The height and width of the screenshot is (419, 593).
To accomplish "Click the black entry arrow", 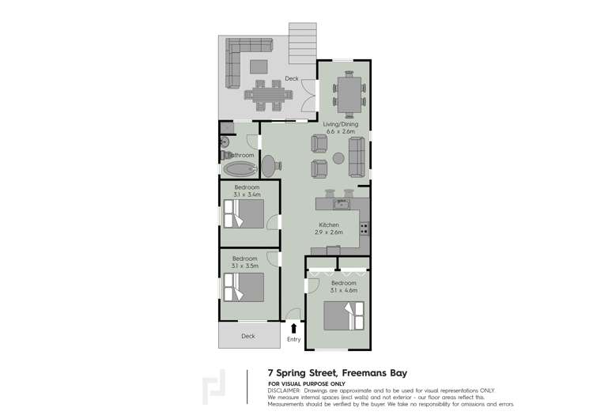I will click(x=294, y=327).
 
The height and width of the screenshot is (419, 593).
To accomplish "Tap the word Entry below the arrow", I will click(x=294, y=339).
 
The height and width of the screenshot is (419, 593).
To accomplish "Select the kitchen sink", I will click(x=341, y=205).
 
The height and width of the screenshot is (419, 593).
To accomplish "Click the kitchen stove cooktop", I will click(x=364, y=228).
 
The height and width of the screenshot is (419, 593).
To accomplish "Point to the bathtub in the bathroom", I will click(x=240, y=168).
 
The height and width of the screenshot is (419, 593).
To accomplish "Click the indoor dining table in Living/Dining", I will click(x=349, y=92).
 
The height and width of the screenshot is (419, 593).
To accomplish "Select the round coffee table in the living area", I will click(x=338, y=157).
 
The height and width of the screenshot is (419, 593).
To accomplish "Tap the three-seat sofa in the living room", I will click(x=358, y=156).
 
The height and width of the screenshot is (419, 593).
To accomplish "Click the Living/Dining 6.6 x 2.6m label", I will click(x=341, y=127).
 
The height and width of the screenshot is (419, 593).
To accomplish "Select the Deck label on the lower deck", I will click(x=248, y=336).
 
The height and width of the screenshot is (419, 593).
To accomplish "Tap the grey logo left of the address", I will click(x=215, y=386).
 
